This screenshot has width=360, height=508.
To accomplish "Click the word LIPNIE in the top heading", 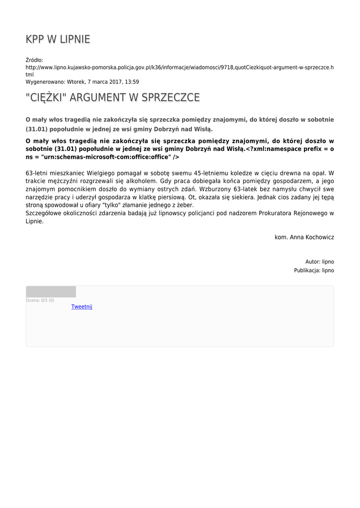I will [x=74, y=40].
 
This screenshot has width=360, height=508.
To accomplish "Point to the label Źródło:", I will [x=34, y=60].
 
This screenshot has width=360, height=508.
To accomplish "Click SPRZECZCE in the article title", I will [x=171, y=98].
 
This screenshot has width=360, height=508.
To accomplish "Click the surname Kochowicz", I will [x=318, y=237].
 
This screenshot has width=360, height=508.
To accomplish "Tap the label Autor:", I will [x=313, y=261].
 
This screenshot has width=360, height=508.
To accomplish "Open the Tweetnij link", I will [x=81, y=307].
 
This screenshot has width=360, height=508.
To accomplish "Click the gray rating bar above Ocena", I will [x=51, y=292].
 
